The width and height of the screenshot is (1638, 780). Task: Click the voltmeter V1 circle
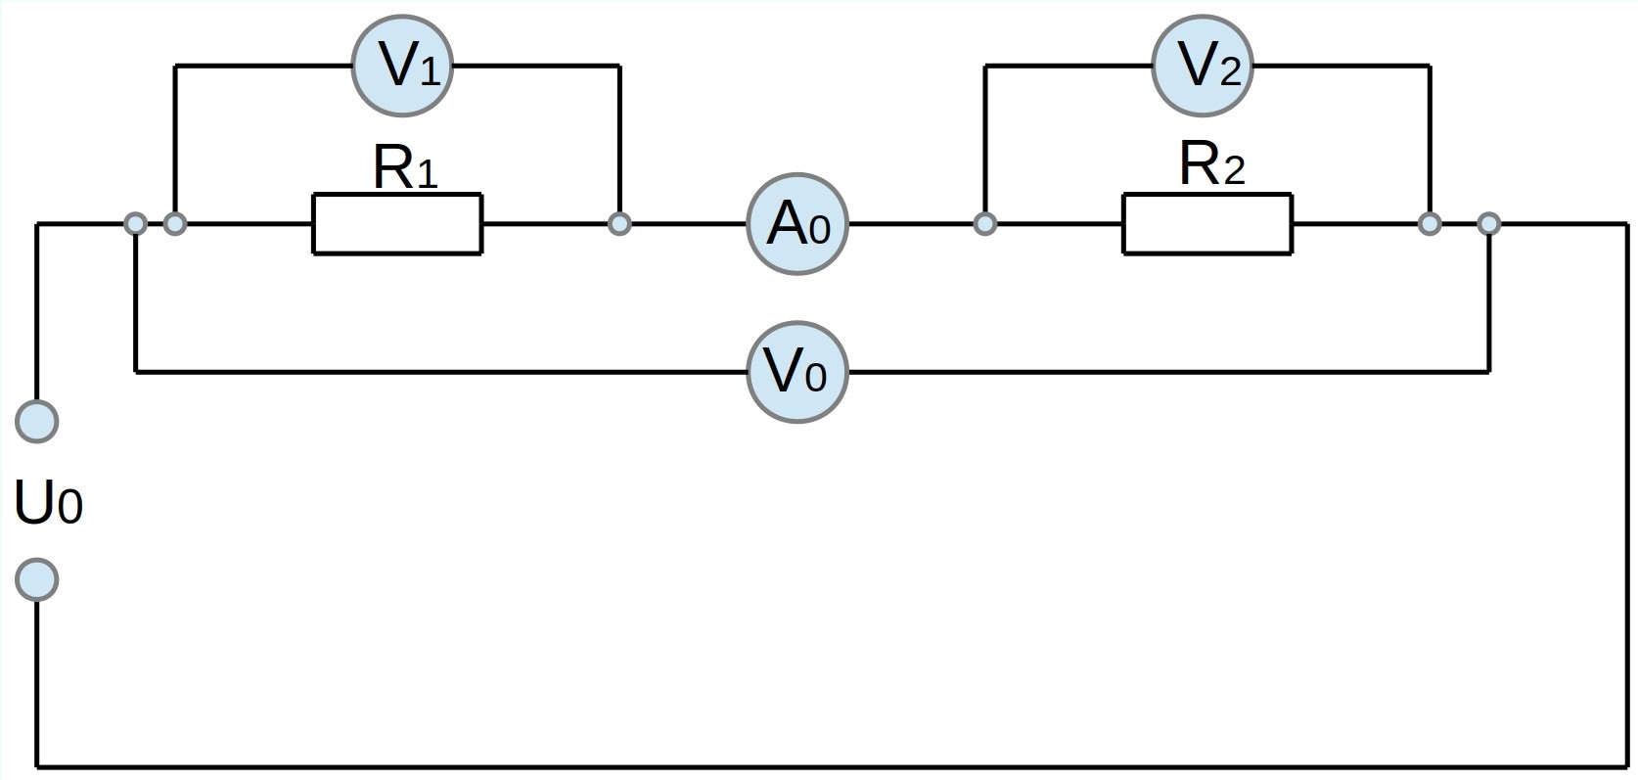point(402,66)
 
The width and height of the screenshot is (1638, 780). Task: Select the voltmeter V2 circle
point(1203,66)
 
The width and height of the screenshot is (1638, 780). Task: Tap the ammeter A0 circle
point(797,224)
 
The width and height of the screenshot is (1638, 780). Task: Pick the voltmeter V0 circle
point(797,372)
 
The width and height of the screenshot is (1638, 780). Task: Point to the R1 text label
point(405,167)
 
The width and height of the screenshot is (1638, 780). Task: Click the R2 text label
point(1211,163)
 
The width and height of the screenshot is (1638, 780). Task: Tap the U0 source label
point(48,503)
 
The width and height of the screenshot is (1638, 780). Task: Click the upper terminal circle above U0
point(36,422)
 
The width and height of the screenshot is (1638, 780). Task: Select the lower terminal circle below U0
point(36,579)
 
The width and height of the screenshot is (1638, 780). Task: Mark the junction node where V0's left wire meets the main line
point(135,224)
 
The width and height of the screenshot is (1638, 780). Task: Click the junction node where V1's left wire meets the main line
point(175,224)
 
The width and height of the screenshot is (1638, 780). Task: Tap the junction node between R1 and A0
point(619,224)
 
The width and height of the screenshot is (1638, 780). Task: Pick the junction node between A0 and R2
point(985,224)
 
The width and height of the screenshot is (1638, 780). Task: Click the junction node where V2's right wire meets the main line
point(1430,224)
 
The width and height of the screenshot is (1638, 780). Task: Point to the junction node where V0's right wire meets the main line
point(1489,224)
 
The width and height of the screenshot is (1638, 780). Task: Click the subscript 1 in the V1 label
point(431,72)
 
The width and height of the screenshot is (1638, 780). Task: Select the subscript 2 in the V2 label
point(1231,72)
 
